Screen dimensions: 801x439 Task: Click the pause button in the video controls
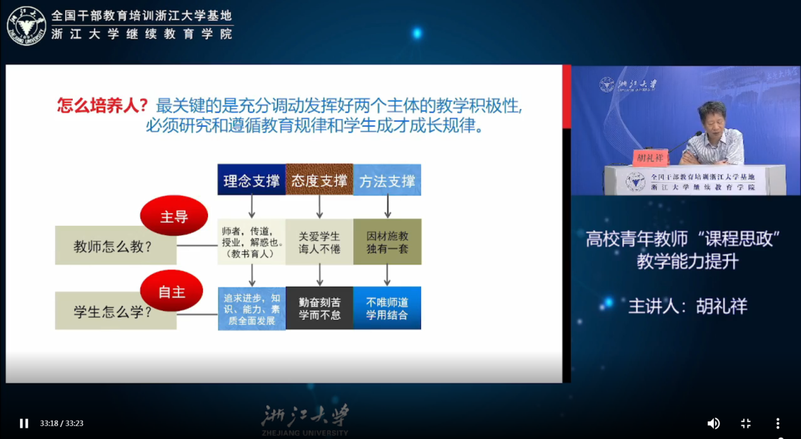tap(24, 423)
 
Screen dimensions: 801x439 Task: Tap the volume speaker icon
tap(713, 423)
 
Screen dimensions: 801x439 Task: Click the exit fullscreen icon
tap(745, 423)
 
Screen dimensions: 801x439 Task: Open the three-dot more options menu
tap(778, 423)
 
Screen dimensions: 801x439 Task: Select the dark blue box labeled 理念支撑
tap(252, 180)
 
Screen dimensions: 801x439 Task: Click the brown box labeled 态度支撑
tap(319, 180)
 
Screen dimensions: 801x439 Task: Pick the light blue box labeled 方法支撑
tap(388, 180)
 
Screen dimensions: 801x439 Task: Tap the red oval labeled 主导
tap(174, 215)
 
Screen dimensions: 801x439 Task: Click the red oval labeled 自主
tap(172, 290)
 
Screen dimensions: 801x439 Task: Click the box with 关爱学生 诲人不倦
tap(319, 242)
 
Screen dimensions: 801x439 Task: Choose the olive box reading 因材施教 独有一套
tap(388, 242)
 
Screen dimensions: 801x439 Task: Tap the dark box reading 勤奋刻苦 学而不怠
tap(319, 308)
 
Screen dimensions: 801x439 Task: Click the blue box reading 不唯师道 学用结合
tap(388, 308)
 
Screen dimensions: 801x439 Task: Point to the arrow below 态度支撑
tap(320, 206)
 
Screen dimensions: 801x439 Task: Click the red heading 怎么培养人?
tap(102, 106)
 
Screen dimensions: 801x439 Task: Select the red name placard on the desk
tap(650, 158)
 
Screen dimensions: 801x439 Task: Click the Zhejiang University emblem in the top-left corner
tap(27, 26)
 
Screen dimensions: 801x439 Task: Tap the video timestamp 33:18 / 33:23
tap(61, 424)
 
